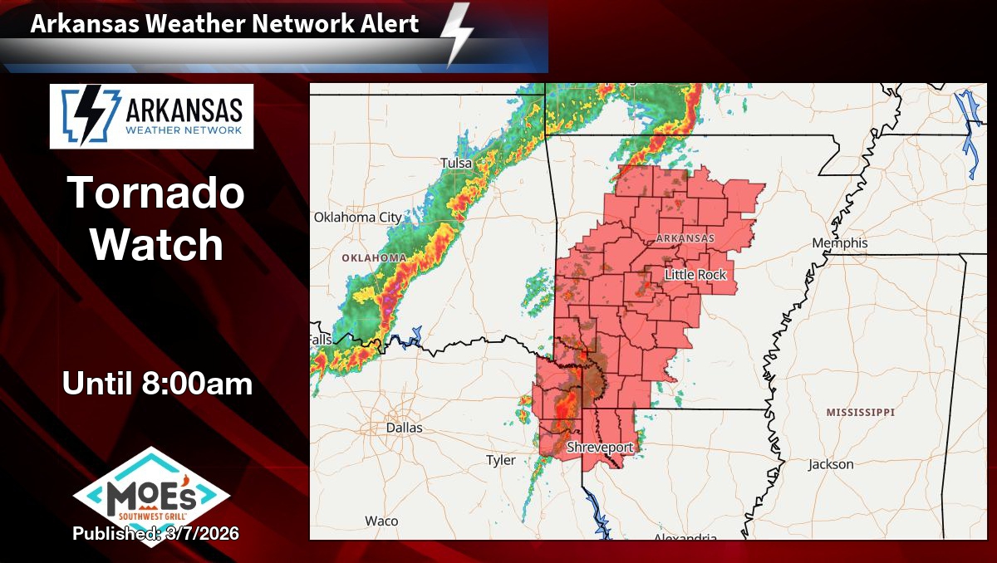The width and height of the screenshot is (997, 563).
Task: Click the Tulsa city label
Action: click(x=456, y=163)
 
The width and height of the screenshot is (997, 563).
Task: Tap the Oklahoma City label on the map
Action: click(x=357, y=218)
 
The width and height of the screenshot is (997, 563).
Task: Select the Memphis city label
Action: click(x=840, y=243)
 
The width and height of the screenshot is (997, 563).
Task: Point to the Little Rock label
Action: click(x=695, y=275)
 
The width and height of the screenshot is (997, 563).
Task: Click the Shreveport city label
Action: click(x=600, y=448)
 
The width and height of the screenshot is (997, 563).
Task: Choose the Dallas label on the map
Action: click(x=404, y=428)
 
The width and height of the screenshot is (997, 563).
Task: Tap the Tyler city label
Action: click(x=501, y=460)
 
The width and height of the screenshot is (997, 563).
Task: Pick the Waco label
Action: click(x=381, y=521)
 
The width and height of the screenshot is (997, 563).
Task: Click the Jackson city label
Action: click(x=831, y=464)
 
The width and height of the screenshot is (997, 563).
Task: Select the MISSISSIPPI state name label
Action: click(x=860, y=412)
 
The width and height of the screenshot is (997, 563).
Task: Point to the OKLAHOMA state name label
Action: click(x=374, y=258)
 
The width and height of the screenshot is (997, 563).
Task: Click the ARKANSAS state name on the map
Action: click(x=685, y=238)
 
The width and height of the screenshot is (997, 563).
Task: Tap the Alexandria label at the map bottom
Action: click(x=685, y=536)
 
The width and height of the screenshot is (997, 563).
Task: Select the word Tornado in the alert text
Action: click(x=156, y=193)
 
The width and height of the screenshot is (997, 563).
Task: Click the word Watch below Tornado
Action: click(x=156, y=245)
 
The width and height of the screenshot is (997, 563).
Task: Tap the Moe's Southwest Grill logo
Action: click(x=151, y=493)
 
